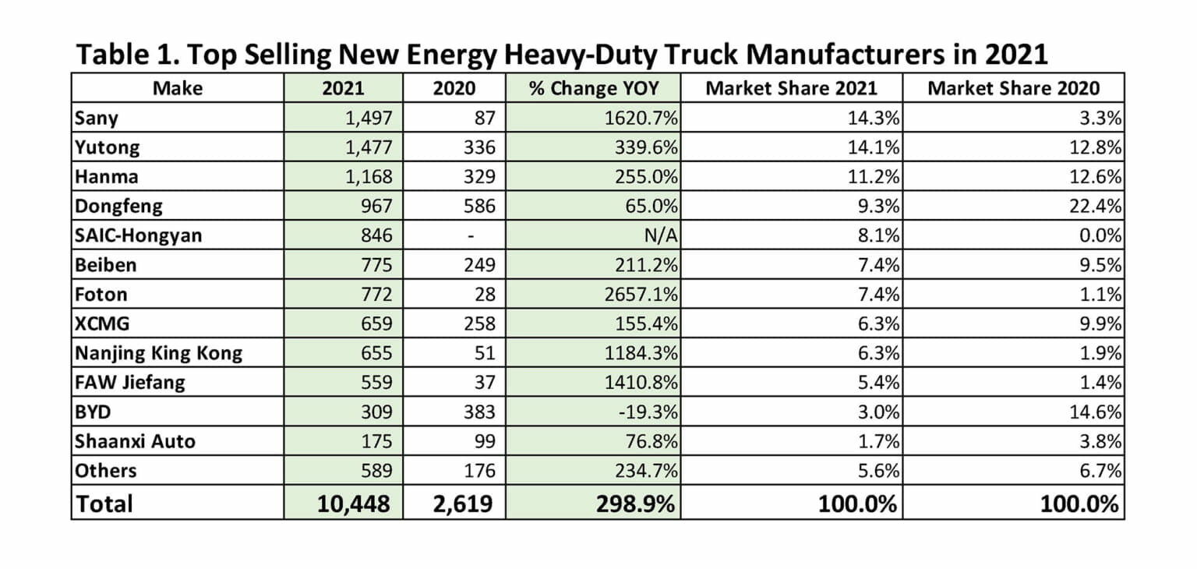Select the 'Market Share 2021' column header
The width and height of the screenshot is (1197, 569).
[x=791, y=88]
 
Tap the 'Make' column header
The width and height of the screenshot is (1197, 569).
[x=177, y=88]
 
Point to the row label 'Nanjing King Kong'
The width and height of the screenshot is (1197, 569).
[x=158, y=353]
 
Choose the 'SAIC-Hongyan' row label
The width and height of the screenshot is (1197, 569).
[x=138, y=235]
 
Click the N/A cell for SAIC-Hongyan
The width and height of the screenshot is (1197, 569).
[x=660, y=235]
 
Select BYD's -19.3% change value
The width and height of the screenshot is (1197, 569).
[x=649, y=412]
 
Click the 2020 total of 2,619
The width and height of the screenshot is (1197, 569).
[x=463, y=504]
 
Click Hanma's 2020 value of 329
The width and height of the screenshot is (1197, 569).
[x=477, y=177]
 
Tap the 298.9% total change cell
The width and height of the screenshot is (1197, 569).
[x=636, y=504]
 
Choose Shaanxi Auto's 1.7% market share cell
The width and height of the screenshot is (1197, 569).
[x=880, y=441]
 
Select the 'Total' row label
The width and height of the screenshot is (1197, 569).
[x=104, y=504]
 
